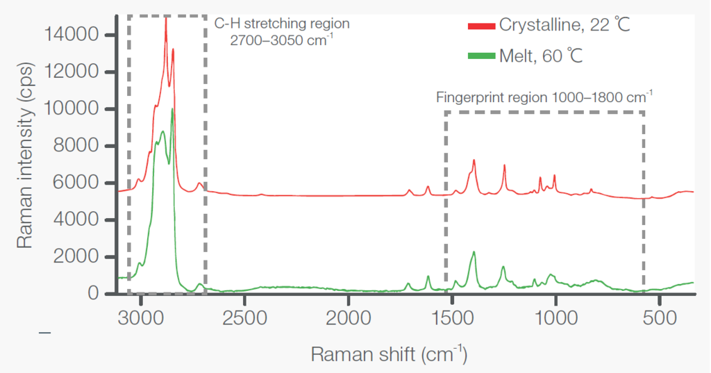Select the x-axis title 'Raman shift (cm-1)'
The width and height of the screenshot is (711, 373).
point(388,354)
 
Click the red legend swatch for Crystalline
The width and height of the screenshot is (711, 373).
point(482,26)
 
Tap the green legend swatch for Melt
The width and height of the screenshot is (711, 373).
point(482,56)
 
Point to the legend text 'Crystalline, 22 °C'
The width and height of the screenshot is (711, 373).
point(564,26)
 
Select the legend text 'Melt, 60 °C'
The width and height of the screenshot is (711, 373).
point(541,56)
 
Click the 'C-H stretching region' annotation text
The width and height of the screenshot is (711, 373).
point(281,24)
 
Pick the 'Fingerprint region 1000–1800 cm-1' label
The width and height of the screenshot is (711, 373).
point(544,97)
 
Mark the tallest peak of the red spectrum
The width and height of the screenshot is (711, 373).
point(165,19)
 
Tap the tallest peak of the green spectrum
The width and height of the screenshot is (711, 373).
point(172,110)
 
